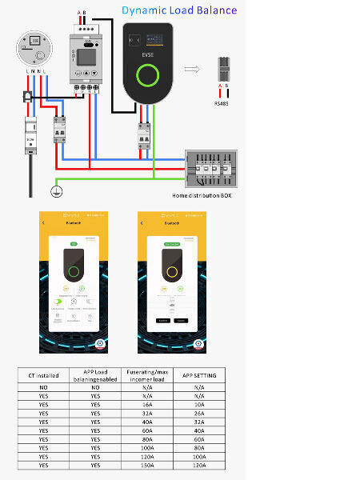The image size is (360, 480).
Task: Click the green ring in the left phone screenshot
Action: tap(74, 271)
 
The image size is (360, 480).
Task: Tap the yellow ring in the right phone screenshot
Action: tap(170, 271)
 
